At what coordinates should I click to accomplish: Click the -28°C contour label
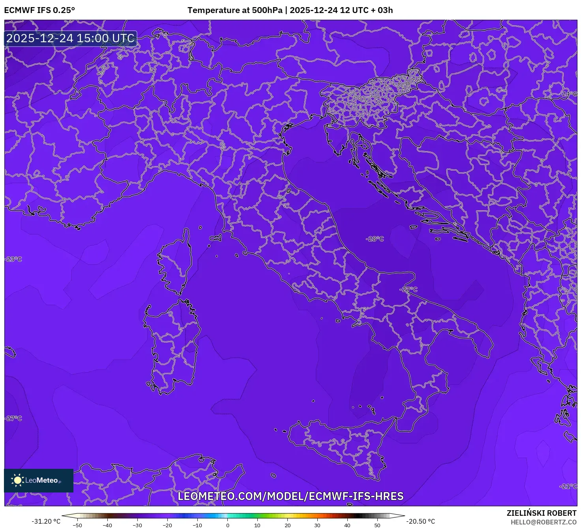pyautogui.click(x=375, y=239)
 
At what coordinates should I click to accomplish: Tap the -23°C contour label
pyautogui.click(x=13, y=259)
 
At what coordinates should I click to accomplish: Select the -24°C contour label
pyautogui.click(x=569, y=94)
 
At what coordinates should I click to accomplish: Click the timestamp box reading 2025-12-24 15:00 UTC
pyautogui.click(x=71, y=38)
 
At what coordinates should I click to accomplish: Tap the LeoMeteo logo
pyautogui.click(x=38, y=480)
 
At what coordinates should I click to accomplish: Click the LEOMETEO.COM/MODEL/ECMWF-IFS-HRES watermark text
pyautogui.click(x=290, y=496)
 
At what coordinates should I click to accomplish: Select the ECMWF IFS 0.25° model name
pyautogui.click(x=39, y=10)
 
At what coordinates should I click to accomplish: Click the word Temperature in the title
pyautogui.click(x=211, y=10)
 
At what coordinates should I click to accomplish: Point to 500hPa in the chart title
pyautogui.click(x=267, y=10)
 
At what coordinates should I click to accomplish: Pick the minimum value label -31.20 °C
pyautogui.click(x=46, y=521)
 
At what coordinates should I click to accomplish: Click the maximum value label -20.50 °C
pyautogui.click(x=421, y=521)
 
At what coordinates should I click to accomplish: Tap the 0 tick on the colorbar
pyautogui.click(x=227, y=525)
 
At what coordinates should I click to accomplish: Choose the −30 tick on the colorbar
pyautogui.click(x=137, y=525)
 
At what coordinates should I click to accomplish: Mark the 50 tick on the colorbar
pyautogui.click(x=377, y=525)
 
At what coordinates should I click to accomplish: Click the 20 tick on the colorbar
pyautogui.click(x=287, y=525)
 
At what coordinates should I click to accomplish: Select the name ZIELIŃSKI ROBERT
pyautogui.click(x=542, y=513)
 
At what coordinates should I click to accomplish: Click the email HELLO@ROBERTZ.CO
pyautogui.click(x=544, y=522)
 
